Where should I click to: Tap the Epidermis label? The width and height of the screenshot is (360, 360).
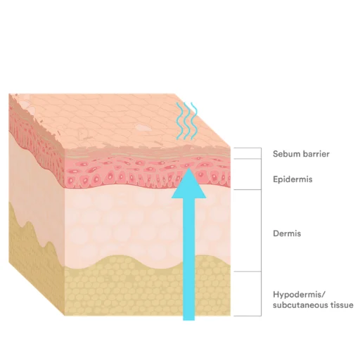[x=292, y=179]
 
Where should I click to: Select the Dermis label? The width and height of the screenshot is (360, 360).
[x=287, y=233]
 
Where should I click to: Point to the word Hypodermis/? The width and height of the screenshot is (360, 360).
[x=300, y=295]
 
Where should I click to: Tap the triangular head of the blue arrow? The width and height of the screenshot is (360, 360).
[x=189, y=185]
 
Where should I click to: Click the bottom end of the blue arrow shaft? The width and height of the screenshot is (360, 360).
[x=189, y=320]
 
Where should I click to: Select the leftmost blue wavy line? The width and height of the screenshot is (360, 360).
[x=179, y=121]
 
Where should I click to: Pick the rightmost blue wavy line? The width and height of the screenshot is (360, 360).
[x=194, y=121]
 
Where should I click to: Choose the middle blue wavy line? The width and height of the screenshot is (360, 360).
[x=187, y=121]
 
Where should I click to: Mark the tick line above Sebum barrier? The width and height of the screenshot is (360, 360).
[x=247, y=148]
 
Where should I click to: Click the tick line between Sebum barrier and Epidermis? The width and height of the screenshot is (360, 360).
[x=247, y=159]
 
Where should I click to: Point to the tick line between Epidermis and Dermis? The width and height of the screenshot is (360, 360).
[x=247, y=189]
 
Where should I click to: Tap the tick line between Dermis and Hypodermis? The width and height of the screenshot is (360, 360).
[x=247, y=271]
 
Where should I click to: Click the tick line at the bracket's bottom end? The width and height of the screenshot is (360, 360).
[x=247, y=316]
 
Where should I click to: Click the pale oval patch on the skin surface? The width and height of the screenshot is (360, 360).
[x=143, y=127]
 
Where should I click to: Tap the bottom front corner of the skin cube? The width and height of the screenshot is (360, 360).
[x=64, y=316]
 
